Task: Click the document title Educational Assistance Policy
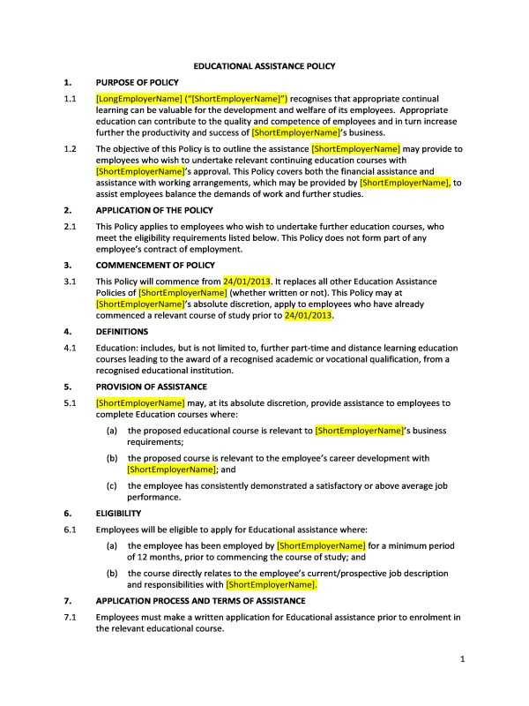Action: [x=264, y=65]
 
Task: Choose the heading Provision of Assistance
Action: [x=151, y=386]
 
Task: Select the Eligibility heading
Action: [x=117, y=512]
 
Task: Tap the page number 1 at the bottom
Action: [x=462, y=659]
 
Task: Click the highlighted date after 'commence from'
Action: [x=243, y=281]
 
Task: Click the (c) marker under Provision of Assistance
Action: [x=112, y=485]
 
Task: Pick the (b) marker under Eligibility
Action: [x=112, y=573]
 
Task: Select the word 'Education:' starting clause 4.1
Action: [x=118, y=348]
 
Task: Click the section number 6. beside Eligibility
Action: [x=67, y=512]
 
